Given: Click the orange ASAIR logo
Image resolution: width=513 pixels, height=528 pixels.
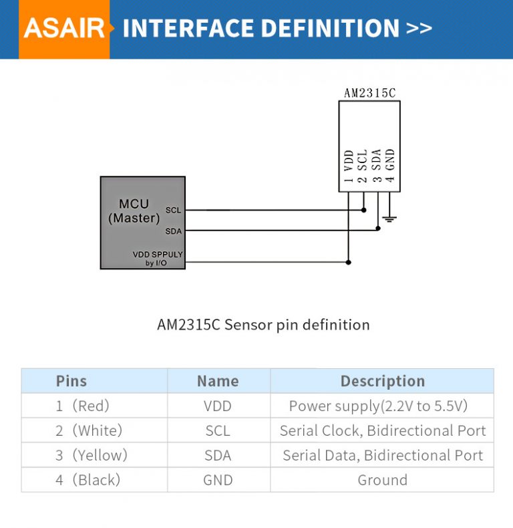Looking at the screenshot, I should [64, 29].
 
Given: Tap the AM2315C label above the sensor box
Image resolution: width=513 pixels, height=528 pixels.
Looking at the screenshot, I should [369, 93].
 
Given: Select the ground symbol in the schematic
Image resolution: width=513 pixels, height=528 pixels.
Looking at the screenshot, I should [390, 218].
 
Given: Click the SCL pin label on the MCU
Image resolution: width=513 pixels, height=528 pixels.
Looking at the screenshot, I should [173, 211].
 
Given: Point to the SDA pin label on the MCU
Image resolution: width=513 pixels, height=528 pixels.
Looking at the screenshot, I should [173, 231].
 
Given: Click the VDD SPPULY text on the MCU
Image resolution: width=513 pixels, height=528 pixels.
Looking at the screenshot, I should [158, 255].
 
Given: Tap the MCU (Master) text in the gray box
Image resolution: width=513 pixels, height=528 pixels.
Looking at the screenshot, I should [134, 211].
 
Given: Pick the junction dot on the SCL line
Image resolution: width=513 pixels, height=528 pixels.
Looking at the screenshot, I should [363, 210].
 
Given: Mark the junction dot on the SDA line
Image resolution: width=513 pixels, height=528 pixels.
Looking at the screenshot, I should [377, 228].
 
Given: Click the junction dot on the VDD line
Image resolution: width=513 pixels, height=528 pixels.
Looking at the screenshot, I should [349, 262].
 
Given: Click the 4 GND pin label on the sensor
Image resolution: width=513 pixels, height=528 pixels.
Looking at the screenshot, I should [391, 166].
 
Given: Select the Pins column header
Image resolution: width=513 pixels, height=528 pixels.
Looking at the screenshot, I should [71, 381].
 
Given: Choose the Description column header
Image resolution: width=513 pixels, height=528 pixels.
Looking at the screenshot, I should [382, 381].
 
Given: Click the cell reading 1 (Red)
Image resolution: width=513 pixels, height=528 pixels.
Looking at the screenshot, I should [82, 406].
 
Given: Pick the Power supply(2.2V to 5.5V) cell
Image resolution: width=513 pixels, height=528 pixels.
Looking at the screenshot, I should [378, 406].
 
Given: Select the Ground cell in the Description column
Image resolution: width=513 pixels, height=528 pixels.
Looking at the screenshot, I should [382, 480].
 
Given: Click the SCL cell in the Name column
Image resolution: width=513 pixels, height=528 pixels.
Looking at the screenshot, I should [218, 431].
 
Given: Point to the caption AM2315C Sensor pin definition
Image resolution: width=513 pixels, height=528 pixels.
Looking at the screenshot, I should [263, 325].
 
